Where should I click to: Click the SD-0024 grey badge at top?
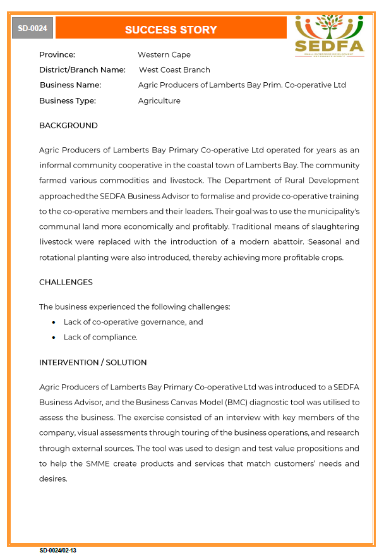coord(32,28)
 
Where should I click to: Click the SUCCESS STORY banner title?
coord(171,30)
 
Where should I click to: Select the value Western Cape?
coord(164,55)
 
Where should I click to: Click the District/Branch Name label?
coord(82,70)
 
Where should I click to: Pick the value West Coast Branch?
coord(174,70)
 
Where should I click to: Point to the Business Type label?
coord(68,101)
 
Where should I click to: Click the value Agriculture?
coord(159,101)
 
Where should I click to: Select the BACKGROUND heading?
coord(68,126)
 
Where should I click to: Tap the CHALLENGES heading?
coord(66,283)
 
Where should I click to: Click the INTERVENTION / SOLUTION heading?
coord(93,363)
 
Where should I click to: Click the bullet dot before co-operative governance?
coord(54,322)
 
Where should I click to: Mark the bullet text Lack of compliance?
coord(100,338)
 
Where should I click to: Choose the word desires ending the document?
coord(52,479)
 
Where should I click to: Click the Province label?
coord(57,55)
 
